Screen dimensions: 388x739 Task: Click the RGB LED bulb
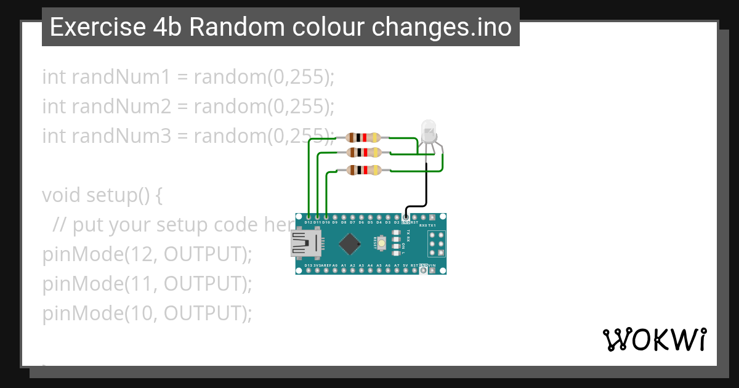coord(428,131)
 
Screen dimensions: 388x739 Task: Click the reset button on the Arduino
coord(382,244)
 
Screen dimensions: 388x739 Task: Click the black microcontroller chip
coord(349,244)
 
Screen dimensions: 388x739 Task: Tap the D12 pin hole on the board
coord(308,217)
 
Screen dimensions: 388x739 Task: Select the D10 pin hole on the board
coord(326,217)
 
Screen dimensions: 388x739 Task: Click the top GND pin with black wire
coord(405,217)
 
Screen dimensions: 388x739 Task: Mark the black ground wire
coord(427,185)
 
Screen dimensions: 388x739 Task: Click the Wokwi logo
coord(654,339)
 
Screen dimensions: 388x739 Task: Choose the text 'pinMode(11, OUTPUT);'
coord(147,284)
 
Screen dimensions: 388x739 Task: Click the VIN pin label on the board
coord(432,265)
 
